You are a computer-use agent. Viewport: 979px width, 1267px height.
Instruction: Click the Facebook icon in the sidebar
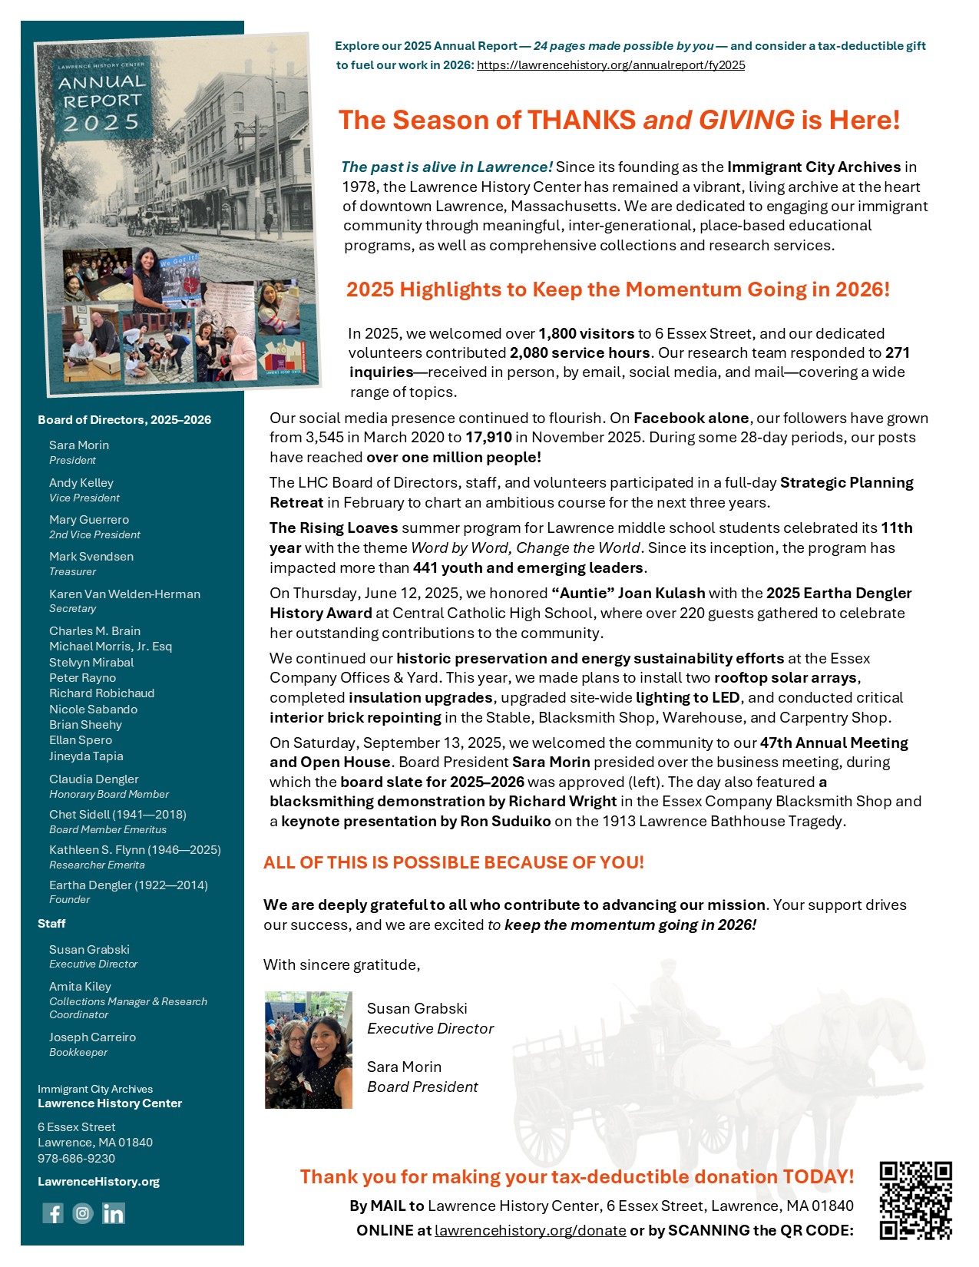(x=53, y=1213)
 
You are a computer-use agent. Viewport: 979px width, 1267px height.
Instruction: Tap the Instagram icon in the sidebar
(x=83, y=1213)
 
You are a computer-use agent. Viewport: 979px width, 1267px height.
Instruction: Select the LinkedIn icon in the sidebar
(x=113, y=1213)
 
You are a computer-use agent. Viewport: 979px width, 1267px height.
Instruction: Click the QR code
(x=915, y=1200)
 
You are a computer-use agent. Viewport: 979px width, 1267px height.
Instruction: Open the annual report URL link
(x=610, y=65)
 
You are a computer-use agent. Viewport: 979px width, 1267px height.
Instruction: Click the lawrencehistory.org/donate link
(x=530, y=1230)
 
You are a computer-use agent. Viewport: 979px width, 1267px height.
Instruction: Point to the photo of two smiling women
(x=308, y=1050)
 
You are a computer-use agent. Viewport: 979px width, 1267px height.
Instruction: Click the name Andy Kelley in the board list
(x=81, y=483)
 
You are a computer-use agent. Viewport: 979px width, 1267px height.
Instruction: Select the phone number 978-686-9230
(x=76, y=1159)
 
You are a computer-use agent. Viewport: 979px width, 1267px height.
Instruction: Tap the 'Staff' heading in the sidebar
(x=51, y=924)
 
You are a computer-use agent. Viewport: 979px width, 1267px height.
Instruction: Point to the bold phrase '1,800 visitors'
(x=586, y=333)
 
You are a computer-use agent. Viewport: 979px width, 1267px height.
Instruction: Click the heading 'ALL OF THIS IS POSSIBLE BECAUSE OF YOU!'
(x=453, y=862)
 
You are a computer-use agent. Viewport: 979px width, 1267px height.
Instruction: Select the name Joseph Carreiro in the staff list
(x=92, y=1037)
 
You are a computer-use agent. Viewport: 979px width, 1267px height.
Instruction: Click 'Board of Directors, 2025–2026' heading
(x=124, y=420)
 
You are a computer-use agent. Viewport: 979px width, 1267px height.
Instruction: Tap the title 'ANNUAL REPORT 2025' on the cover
(x=101, y=101)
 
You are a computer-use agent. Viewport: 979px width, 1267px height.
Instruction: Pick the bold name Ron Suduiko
(x=505, y=822)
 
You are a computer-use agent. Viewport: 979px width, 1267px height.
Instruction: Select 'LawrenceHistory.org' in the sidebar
(x=98, y=1182)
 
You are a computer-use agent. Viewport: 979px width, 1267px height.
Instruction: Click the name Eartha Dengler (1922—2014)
(x=128, y=885)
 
